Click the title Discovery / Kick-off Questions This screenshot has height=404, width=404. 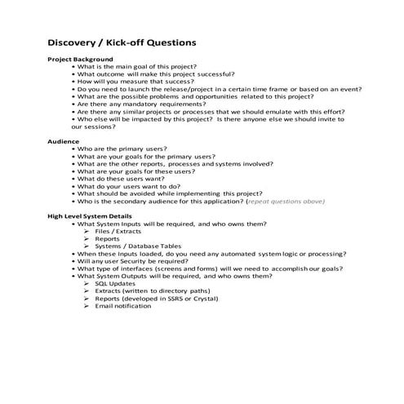[x=121, y=42]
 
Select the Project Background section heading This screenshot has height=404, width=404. [x=80, y=60]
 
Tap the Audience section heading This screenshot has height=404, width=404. [x=64, y=141]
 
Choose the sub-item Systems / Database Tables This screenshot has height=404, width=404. [x=137, y=246]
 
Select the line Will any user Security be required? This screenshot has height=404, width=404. [x=144, y=261]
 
